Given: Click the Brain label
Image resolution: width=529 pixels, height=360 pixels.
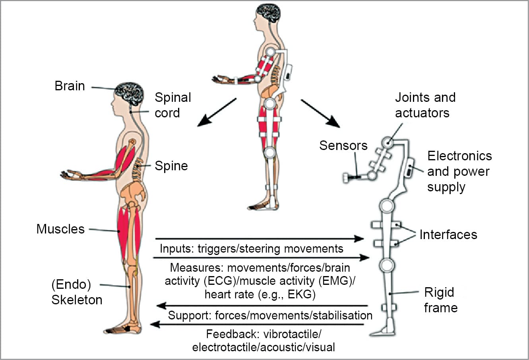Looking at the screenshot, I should (70, 86).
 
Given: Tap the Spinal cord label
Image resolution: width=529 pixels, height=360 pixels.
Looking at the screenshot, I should (172, 105).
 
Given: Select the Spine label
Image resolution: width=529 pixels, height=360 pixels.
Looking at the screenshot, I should (171, 165).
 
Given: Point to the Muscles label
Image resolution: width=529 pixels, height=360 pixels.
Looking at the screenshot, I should (60, 229).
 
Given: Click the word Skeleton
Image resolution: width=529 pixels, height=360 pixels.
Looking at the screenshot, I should (77, 300).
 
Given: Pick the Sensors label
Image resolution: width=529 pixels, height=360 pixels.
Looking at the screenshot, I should (343, 146).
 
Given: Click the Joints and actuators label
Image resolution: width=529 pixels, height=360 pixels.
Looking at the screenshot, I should (425, 105).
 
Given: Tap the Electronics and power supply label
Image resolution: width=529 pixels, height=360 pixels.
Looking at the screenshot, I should (459, 171).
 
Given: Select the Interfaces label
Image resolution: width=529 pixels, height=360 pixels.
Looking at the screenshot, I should (448, 235).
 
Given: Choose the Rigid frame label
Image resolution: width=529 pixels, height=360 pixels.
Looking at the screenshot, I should (440, 300).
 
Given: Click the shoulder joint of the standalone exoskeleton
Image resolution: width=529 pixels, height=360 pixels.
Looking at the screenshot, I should (388, 142).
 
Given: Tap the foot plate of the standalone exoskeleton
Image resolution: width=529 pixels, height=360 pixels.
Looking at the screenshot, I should (383, 332).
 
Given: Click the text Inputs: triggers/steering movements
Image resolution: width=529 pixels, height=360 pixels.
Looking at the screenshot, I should (251, 249).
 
